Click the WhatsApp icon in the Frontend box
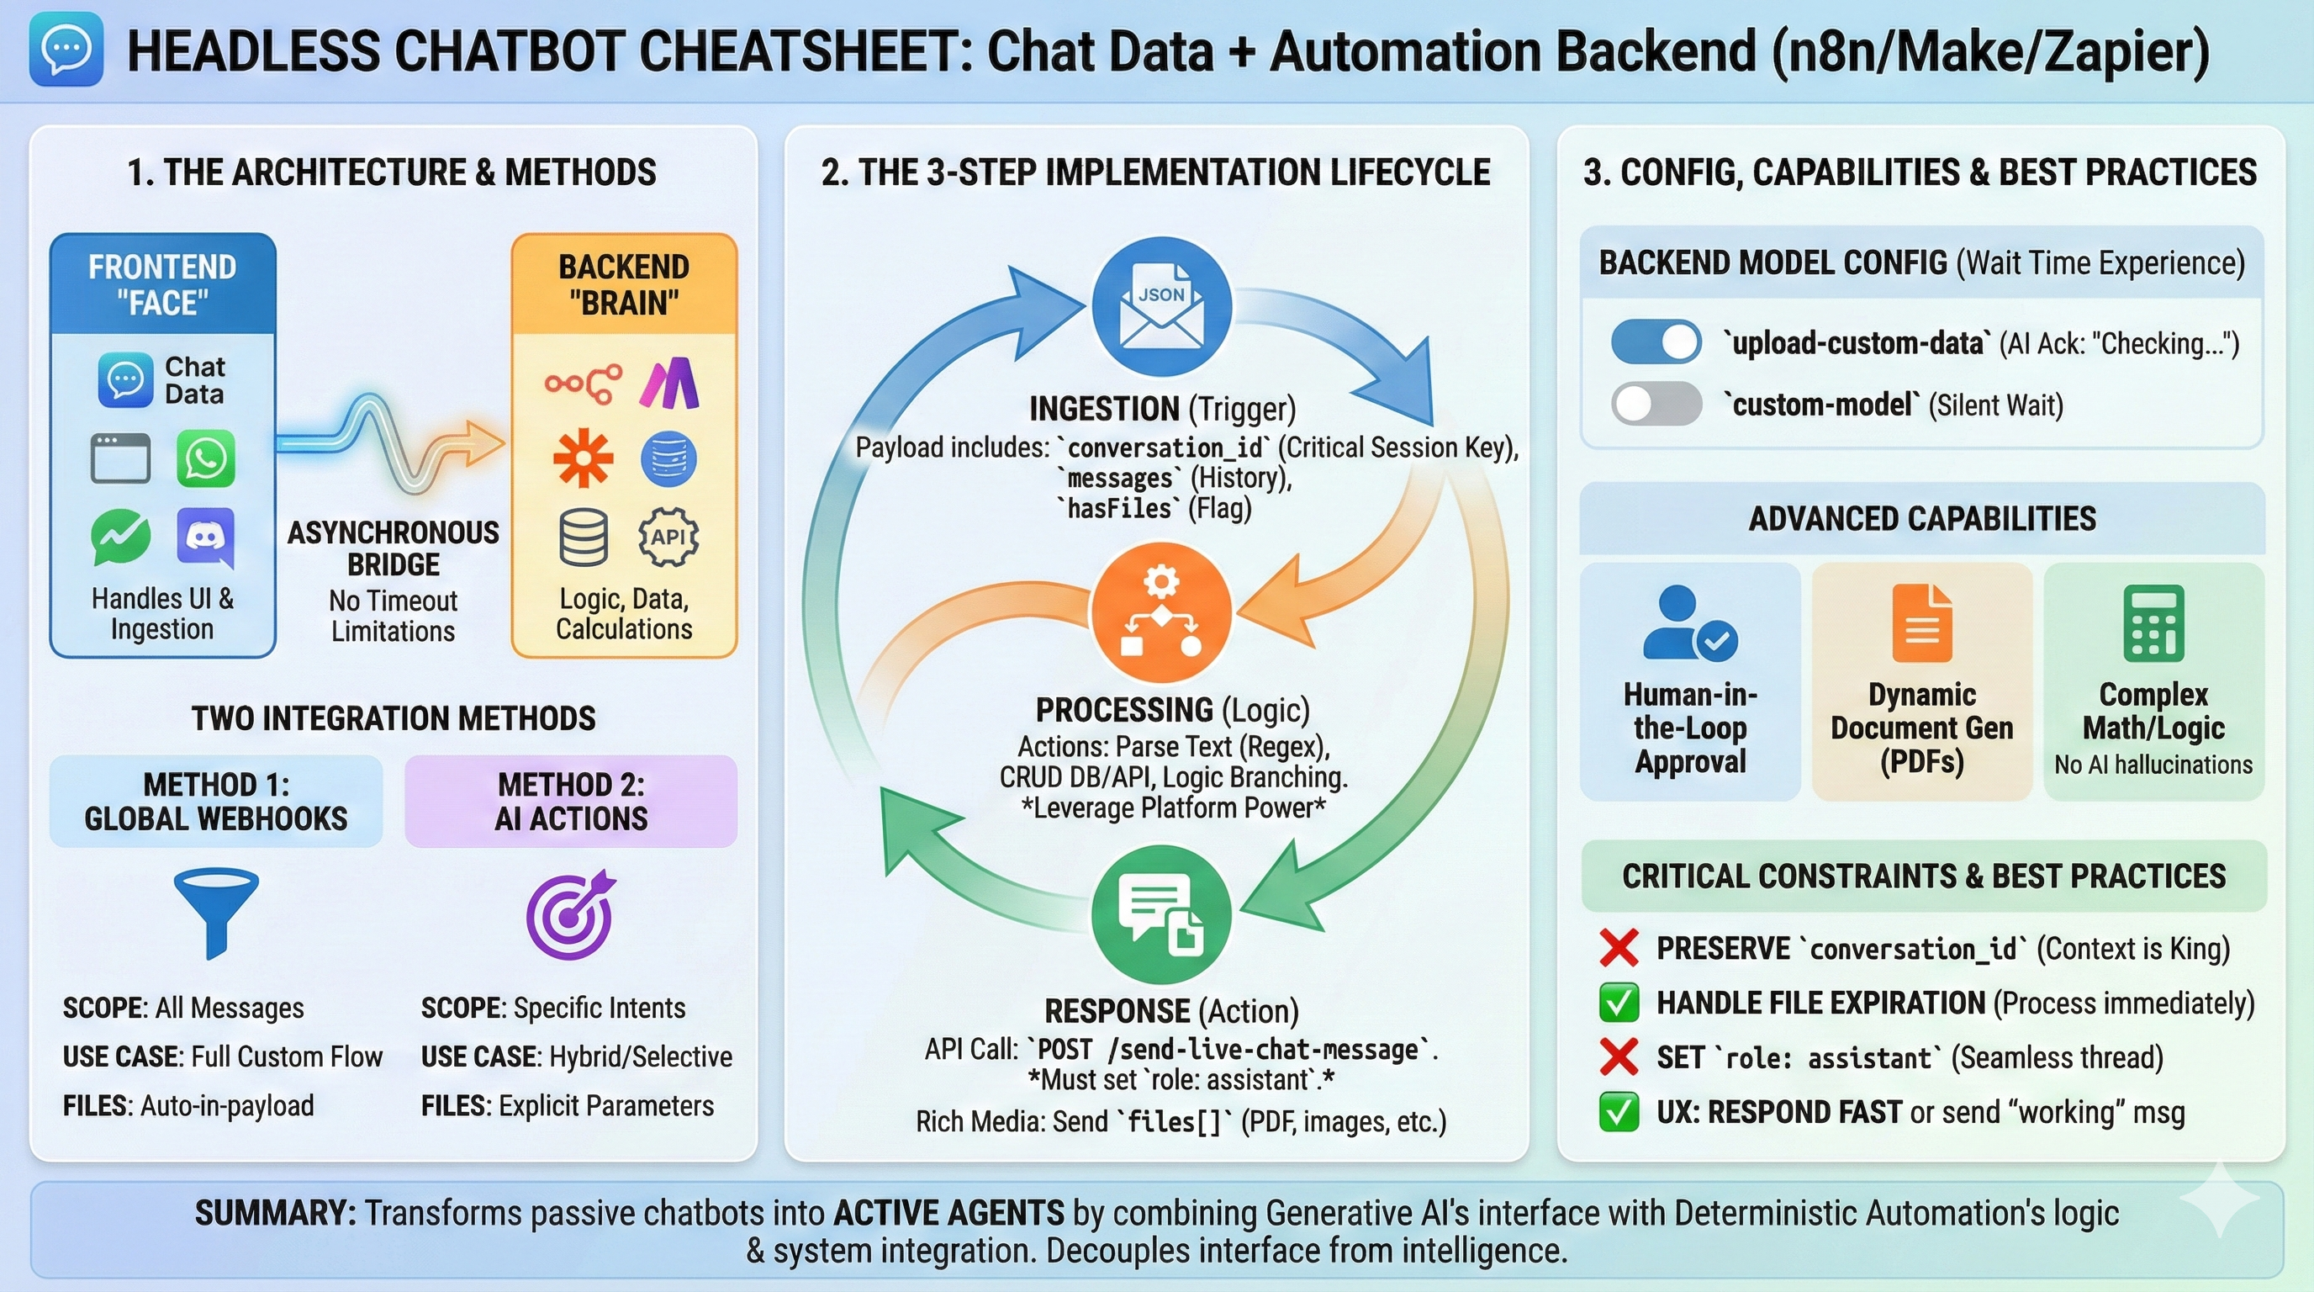[206, 458]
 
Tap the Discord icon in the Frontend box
[206, 537]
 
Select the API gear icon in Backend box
[668, 537]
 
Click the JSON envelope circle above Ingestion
[1161, 305]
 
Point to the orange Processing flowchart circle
[1160, 612]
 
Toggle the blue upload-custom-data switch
[1656, 342]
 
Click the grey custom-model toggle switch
[1656, 404]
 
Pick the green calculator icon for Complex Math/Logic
[2153, 622]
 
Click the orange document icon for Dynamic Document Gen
[1921, 622]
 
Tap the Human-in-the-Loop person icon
[1688, 622]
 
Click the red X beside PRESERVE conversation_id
[1619, 948]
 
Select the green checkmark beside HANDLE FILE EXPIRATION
[1619, 1003]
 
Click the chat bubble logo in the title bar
[66, 50]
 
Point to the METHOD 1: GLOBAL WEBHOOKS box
[215, 802]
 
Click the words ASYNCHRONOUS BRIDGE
[393, 548]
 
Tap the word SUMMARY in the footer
[275, 1214]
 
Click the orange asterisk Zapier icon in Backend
[583, 458]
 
